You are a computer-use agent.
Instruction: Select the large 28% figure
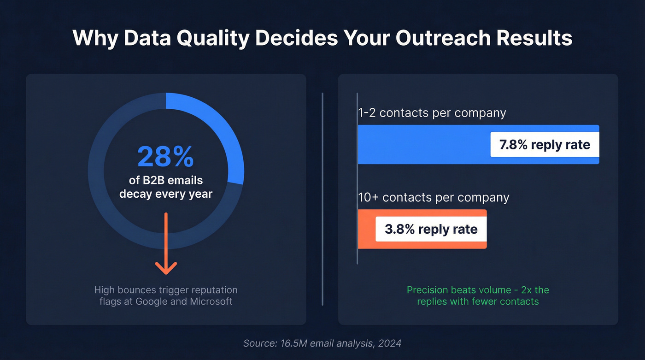[x=165, y=157]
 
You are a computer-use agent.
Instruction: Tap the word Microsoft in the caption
[x=211, y=302]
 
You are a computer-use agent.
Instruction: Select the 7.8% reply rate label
[x=545, y=145]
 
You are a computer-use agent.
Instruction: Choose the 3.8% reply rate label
[x=431, y=229]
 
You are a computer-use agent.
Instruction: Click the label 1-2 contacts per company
[x=432, y=113]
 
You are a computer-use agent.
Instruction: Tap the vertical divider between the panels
[x=322, y=198]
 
